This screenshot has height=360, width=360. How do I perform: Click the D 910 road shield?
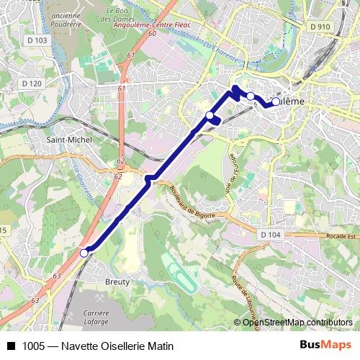pos(320,27)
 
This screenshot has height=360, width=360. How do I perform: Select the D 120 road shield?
pos(32,84)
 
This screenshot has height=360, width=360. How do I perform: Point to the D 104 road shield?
pos(270,235)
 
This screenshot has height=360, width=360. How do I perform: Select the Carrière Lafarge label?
pos(95,318)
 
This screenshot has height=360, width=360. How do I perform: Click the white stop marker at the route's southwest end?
pos(84,253)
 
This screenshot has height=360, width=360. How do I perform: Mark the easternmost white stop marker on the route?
pos(275,102)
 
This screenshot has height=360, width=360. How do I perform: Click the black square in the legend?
pos(10,346)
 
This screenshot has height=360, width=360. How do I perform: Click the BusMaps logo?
pos(324,345)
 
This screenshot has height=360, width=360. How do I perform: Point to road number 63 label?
pos(56,275)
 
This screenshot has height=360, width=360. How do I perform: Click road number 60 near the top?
pos(153,34)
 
